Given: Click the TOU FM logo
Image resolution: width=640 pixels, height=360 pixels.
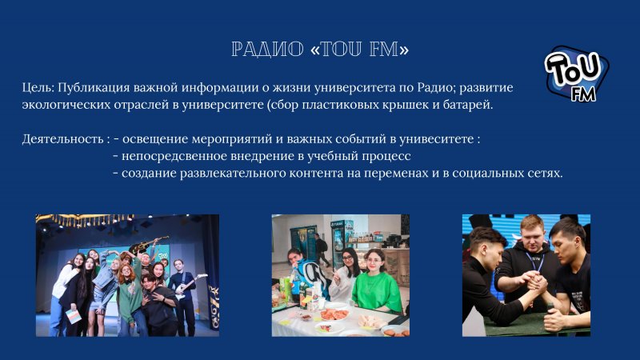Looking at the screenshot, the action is coord(576,74).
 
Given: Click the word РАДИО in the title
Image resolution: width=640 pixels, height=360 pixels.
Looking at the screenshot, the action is coord(267,50).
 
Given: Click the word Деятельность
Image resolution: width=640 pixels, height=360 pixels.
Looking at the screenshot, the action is coord(63,139).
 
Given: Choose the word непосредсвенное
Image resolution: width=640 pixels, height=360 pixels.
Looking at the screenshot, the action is coord(174,156).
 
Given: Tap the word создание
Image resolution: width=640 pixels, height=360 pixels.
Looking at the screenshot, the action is coord(149,174).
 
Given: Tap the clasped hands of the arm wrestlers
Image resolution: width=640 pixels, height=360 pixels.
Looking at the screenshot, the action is coord(536,283).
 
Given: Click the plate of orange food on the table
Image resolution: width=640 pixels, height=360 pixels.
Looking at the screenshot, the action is coord(334,314).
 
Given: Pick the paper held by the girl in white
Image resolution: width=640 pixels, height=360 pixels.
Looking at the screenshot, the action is coord(74,316).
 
